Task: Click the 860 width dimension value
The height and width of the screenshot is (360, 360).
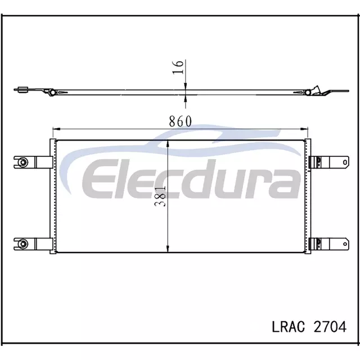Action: [x=180, y=121]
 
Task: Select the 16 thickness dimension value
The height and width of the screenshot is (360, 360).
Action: [x=178, y=67]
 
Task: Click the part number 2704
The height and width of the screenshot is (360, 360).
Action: [x=330, y=326]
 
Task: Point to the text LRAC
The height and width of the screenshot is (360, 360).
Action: [x=289, y=326]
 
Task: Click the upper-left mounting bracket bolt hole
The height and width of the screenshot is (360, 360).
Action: [x=23, y=163]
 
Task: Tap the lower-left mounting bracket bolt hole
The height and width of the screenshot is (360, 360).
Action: [x=23, y=244]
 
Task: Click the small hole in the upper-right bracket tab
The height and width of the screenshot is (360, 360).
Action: [x=345, y=163]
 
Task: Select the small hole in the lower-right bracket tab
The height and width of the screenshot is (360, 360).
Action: [x=345, y=244]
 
